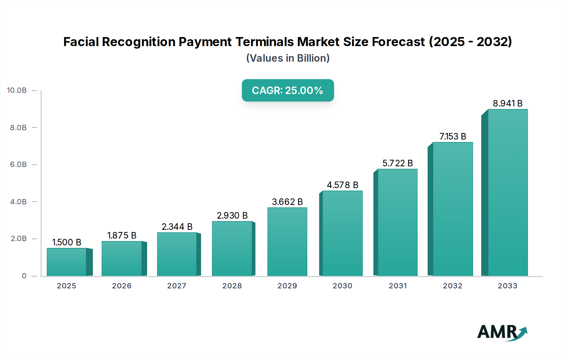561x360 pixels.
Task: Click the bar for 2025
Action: point(67,262)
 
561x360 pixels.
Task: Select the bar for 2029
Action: point(287,242)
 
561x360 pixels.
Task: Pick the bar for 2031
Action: point(397,222)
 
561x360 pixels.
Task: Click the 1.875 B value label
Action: point(122,235)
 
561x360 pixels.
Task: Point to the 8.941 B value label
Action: point(507,103)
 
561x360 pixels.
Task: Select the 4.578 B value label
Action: point(342,185)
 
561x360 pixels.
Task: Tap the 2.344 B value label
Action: point(177,227)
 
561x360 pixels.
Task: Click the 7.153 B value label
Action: point(453,136)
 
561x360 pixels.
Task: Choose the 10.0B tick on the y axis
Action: point(17,90)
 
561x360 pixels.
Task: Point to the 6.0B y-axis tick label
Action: point(18,164)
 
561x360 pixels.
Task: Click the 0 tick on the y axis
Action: point(24,276)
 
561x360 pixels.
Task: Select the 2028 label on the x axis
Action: point(232,286)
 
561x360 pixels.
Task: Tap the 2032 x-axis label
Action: point(453,286)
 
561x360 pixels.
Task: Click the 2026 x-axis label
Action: point(122,286)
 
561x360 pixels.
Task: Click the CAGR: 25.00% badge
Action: point(288,90)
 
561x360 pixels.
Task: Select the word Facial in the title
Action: point(81,42)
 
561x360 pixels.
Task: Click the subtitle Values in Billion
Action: point(288,58)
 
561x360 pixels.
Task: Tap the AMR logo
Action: point(502,332)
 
